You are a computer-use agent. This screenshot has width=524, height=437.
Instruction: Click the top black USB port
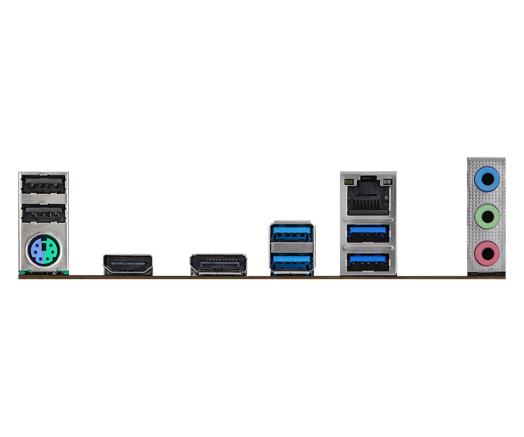pos(43,184)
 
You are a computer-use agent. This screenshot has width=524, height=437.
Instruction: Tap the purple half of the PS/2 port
pos(36,250)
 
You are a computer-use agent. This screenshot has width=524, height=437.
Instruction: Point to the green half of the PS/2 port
pos(51,250)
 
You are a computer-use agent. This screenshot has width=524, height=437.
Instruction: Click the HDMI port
pos(128,264)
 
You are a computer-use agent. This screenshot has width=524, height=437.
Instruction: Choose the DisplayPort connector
pos(218,264)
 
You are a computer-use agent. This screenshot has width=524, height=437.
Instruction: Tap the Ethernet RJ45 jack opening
pos(368,199)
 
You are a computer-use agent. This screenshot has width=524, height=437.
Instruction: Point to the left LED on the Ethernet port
pos(348,181)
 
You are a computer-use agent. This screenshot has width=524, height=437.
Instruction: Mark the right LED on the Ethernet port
pos(386,181)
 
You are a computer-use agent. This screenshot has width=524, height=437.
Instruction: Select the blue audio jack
pos(486,178)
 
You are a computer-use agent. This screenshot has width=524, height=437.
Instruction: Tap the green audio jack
pos(486,215)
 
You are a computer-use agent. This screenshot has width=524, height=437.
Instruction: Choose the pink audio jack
pos(486,251)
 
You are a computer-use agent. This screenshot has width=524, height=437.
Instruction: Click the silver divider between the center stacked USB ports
pos(292,247)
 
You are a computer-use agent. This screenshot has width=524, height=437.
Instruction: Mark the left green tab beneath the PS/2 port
pos(24,273)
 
